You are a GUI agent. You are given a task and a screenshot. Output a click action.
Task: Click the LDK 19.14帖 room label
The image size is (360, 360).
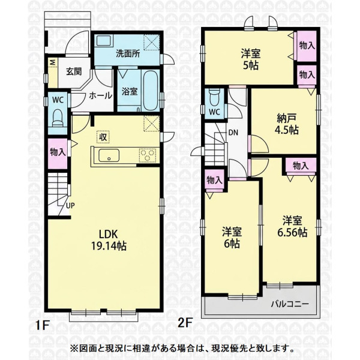pyautogui.click(x=109, y=240)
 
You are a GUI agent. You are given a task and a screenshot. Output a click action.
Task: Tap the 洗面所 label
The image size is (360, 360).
pyautogui.click(x=128, y=54)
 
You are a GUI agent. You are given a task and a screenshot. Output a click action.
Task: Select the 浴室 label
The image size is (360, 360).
pyautogui.click(x=130, y=91)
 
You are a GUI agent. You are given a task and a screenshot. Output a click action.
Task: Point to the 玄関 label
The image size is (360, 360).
pyautogui.click(x=74, y=71)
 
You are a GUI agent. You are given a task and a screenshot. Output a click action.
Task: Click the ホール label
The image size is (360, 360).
pyautogui.click(x=101, y=95)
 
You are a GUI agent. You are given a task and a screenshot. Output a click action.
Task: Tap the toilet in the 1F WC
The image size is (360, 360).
pyautogui.click(x=58, y=118)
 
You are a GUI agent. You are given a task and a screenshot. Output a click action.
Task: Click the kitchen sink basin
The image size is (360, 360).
pyautogui.click(x=109, y=155)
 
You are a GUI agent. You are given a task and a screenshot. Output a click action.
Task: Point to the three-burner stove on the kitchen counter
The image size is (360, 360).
pyautogui.click(x=148, y=155)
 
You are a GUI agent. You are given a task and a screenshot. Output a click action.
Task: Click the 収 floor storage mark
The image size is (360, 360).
pyautogui.click(x=103, y=137)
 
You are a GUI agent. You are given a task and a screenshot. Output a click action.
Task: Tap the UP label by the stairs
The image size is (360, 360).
pyautogui.click(x=70, y=205)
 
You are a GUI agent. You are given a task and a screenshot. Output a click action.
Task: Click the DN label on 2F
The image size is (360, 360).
pyautogui.click(x=233, y=133)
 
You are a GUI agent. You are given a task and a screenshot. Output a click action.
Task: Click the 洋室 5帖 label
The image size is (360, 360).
pyautogui.click(x=250, y=59)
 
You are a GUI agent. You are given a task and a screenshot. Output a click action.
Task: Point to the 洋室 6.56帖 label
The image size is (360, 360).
pyautogui.click(x=292, y=227)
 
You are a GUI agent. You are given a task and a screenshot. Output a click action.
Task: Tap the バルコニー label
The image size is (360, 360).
pyautogui.click(x=290, y=304)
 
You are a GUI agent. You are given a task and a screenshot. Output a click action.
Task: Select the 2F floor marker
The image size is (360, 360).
pyautogui.click(x=185, y=323)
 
